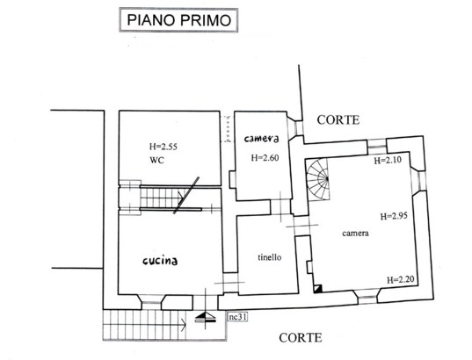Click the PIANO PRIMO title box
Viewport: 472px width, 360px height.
coord(178,20)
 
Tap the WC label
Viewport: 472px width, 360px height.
coord(157,160)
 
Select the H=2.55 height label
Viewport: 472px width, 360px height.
coord(163,147)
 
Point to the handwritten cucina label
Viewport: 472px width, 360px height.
coord(160,261)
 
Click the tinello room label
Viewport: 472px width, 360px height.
coord(270,257)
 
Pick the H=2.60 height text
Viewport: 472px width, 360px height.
coord(265,157)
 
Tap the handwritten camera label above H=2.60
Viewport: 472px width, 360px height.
coord(261,139)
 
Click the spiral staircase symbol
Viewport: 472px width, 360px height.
coord(318,179)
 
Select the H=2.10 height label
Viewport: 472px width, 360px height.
coord(388,160)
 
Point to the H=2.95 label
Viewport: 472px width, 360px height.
coord(394,216)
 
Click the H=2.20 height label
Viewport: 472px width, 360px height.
coord(400,280)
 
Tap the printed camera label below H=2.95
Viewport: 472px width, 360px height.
coord(355,233)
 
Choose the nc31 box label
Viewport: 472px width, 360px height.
coord(238,317)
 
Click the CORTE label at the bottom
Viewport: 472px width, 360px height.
coord(301,338)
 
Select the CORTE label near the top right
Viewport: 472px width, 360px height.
coord(338,120)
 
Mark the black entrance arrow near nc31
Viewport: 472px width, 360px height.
coord(206,317)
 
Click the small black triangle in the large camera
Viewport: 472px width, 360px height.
coord(318,288)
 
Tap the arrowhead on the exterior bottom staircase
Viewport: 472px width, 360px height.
coord(184,325)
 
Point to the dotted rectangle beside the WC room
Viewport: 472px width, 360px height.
coord(227,129)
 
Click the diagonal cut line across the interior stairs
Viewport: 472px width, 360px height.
coord(186,195)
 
